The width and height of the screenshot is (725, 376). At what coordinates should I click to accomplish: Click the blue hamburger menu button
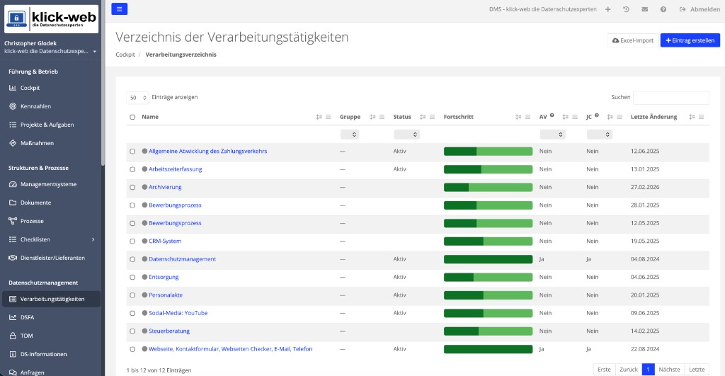(x=119, y=8)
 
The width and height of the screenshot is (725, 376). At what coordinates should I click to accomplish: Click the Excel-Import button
(x=632, y=40)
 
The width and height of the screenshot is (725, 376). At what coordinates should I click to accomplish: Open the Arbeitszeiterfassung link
(x=176, y=169)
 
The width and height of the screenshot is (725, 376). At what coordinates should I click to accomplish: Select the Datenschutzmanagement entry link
(x=182, y=259)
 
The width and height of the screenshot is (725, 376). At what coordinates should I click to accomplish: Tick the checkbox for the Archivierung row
(x=132, y=188)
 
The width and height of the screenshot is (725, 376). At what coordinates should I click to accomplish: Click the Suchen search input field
(x=670, y=98)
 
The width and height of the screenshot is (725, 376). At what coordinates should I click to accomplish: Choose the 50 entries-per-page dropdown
(x=138, y=98)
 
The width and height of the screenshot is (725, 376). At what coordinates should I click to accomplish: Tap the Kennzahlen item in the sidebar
(x=35, y=106)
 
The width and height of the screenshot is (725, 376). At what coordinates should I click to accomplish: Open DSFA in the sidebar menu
(x=27, y=317)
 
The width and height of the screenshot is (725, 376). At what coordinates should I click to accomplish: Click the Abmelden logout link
(x=700, y=9)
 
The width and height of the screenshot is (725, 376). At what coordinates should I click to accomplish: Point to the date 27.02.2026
(x=645, y=188)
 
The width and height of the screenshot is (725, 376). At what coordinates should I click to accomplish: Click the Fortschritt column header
(x=459, y=117)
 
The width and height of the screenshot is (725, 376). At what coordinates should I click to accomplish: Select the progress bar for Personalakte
(x=489, y=295)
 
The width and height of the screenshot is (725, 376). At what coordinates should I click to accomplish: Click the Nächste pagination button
(x=669, y=370)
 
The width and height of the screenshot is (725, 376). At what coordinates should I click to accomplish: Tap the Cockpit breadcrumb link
(x=125, y=55)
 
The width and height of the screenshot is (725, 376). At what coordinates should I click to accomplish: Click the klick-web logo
(x=51, y=19)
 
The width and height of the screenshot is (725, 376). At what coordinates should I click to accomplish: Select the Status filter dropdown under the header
(x=406, y=135)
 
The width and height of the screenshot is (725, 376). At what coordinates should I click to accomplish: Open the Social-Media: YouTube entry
(x=178, y=313)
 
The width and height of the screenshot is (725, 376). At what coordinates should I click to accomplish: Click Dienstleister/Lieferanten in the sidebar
(x=52, y=258)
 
